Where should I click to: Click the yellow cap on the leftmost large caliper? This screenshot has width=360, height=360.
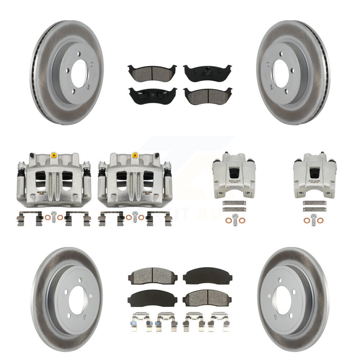tap(54, 155)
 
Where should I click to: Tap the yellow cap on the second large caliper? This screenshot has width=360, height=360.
tap(135, 155)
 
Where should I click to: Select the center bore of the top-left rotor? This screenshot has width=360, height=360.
tap(78, 73)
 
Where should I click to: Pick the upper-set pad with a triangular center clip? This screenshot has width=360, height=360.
tap(207, 72)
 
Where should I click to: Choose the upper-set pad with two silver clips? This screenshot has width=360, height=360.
tap(153, 95)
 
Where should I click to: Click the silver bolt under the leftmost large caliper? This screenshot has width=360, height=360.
tap(54, 216)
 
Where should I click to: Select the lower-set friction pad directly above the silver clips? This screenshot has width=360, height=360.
tap(152, 298)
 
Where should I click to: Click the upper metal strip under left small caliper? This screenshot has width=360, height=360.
tap(234, 203)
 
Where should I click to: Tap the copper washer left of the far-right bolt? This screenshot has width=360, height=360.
tap(306, 220)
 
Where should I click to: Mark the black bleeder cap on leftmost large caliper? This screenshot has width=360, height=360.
tap(32, 156)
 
